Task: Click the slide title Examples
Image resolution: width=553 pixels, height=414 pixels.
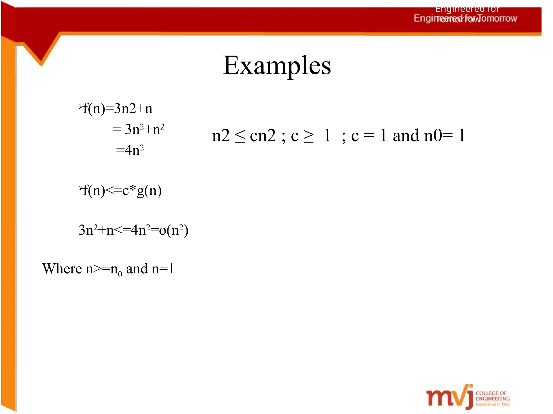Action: tap(277, 65)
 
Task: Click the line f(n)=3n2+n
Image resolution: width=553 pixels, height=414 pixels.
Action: tap(118, 109)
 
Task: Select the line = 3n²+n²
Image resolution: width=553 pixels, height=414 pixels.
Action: tap(138, 129)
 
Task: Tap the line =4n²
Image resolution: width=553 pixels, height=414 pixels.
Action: tap(130, 150)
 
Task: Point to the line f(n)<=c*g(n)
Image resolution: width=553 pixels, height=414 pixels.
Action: tap(122, 191)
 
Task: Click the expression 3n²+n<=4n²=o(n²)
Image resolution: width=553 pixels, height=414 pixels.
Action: tap(133, 230)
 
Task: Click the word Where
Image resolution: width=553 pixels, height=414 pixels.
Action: tap(62, 269)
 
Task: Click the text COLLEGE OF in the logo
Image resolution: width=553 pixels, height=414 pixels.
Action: tap(491, 393)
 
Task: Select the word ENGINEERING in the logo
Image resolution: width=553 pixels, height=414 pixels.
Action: tap(493, 399)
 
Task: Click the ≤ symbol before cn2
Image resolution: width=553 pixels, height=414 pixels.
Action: tap(240, 136)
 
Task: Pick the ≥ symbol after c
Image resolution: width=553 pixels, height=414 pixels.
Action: tap(309, 136)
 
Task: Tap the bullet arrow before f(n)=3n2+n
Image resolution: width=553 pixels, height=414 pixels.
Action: tap(80, 107)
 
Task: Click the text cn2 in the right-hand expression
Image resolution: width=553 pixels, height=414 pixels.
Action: tap(263, 136)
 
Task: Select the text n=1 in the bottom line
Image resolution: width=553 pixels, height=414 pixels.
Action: tap(163, 269)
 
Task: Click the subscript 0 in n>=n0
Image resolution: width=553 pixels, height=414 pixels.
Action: tap(120, 274)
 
